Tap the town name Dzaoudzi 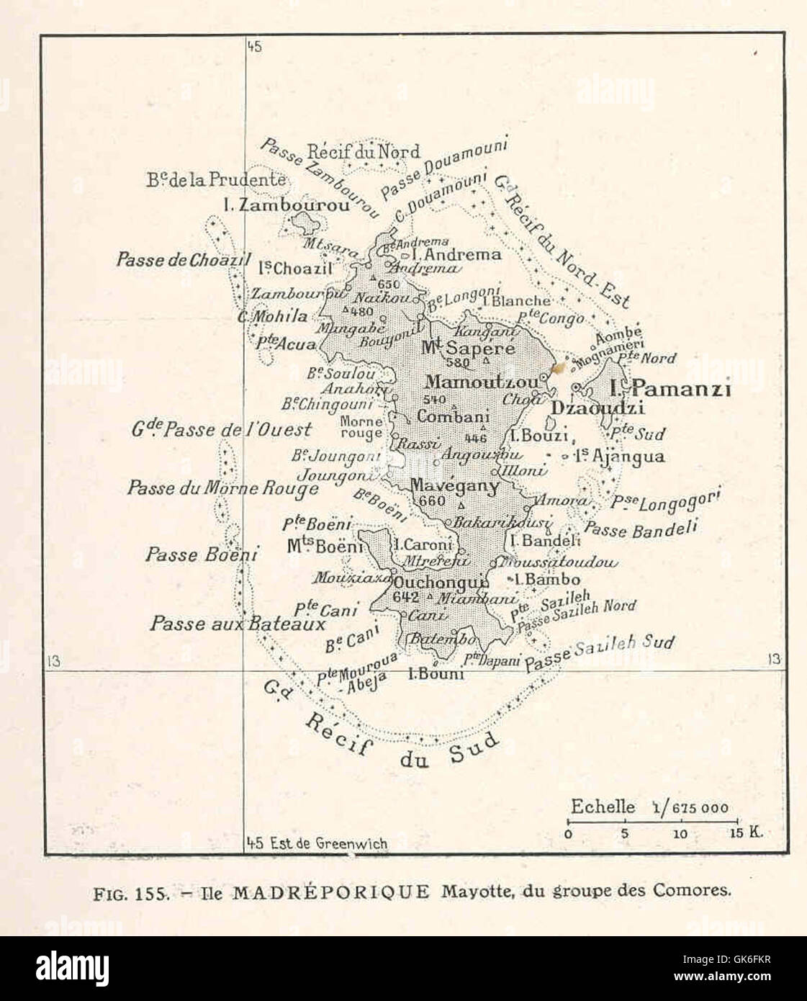pyautogui.click(x=587, y=408)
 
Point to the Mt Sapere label pyautogui.click(x=468, y=349)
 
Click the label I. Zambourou pyautogui.click(x=287, y=205)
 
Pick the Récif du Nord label pyautogui.click(x=363, y=152)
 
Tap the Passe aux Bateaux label pyautogui.click(x=238, y=624)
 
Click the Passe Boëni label pyautogui.click(x=191, y=555)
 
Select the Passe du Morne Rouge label pyautogui.click(x=222, y=488)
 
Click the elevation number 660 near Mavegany pyautogui.click(x=426, y=501)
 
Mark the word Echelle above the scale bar pyautogui.click(x=603, y=807)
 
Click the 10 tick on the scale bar pyautogui.click(x=680, y=834)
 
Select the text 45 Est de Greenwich pyautogui.click(x=317, y=843)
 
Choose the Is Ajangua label pyautogui.click(x=619, y=457)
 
